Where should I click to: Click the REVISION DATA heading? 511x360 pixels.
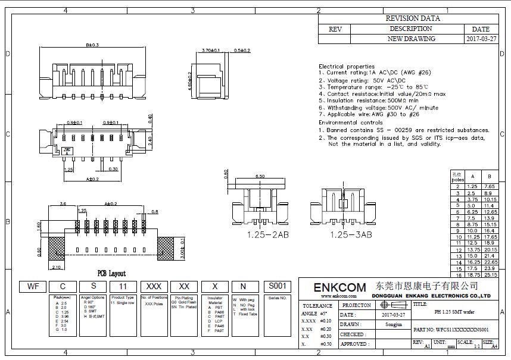pos(413,18)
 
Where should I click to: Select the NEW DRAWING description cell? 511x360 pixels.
pos(411,39)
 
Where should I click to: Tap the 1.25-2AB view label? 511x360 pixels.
pos(268,235)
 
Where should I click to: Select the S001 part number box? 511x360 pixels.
pos(278,286)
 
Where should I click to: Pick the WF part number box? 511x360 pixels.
pos(33,286)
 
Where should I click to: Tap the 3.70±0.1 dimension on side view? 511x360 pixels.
pos(211,51)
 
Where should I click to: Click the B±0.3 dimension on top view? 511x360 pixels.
pos(92,45)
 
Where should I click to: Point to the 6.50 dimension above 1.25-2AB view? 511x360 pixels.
pos(260,177)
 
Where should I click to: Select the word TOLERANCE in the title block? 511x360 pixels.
pos(317,305)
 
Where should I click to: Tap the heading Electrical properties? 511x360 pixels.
pos(346,66)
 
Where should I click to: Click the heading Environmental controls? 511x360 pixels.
pos(350,122)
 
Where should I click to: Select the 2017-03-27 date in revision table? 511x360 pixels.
pos(481,39)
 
